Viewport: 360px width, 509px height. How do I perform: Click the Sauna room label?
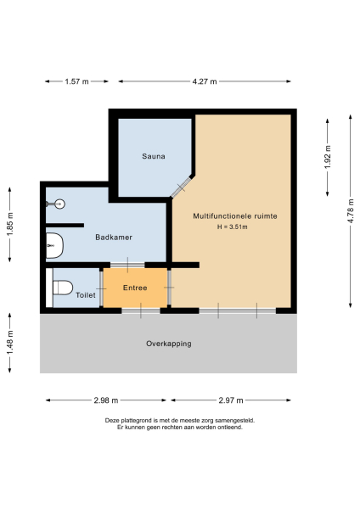click(x=153, y=156)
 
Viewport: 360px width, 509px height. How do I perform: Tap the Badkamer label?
click(x=113, y=238)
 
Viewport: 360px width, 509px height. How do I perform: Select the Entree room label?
click(x=135, y=288)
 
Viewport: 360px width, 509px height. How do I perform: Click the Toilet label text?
click(x=86, y=296)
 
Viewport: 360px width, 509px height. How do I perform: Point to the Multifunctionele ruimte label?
click(x=235, y=215)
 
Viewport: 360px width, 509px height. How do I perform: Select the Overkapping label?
click(x=168, y=344)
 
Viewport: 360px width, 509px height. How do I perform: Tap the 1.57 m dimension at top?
click(x=76, y=81)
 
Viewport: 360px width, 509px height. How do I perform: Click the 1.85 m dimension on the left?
click(x=9, y=224)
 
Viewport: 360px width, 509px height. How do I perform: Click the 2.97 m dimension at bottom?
click(x=231, y=400)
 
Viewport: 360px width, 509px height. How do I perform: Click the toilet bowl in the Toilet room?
click(x=60, y=288)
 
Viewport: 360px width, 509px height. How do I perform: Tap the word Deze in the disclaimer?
click(x=113, y=420)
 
